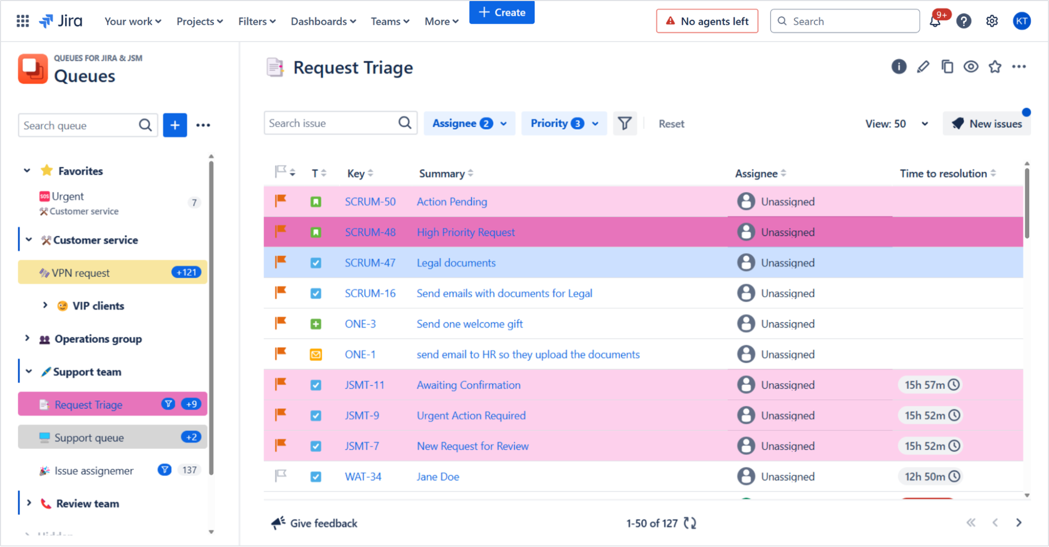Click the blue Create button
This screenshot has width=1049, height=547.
(502, 12)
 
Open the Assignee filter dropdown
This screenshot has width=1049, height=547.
(469, 123)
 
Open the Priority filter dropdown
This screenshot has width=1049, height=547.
(564, 123)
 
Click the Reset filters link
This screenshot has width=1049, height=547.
(671, 124)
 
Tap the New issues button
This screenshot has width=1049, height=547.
(987, 124)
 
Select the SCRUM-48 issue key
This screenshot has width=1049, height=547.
(370, 232)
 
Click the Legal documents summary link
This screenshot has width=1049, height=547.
(455, 263)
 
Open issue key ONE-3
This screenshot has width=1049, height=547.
(360, 324)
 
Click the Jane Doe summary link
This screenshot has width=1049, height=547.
(438, 477)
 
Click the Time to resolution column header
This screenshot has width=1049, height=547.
(943, 174)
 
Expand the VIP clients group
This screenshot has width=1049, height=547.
(45, 305)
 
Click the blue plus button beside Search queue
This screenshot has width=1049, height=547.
(175, 125)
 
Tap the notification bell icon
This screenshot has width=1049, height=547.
(935, 22)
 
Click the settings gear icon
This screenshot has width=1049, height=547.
(991, 22)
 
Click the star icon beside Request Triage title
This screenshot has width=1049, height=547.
(994, 67)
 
